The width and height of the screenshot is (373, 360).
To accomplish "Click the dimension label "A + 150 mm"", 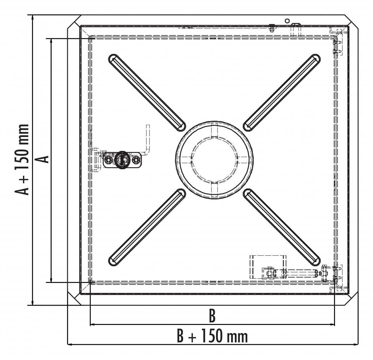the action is pos(22,160).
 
